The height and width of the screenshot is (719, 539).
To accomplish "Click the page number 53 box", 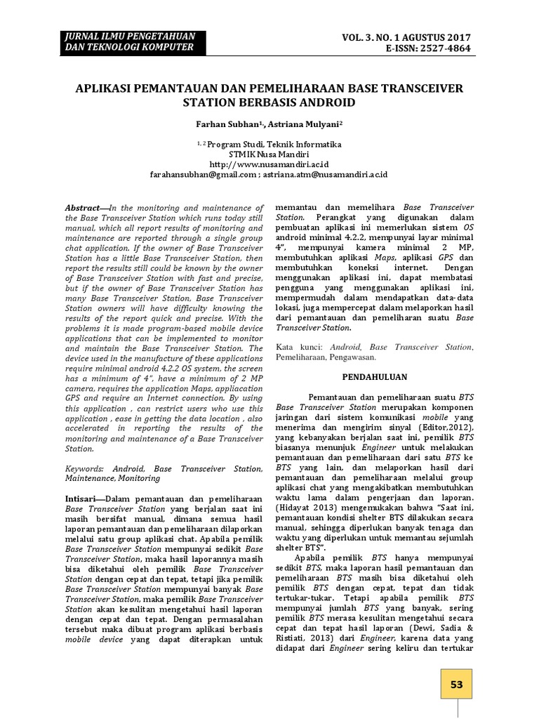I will coord(457,685).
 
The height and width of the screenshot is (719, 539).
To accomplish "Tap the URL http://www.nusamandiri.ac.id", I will coord(269,164).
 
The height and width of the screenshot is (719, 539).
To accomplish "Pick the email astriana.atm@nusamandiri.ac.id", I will coord(326,173).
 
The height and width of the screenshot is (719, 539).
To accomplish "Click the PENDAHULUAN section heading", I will coord(375,376).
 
